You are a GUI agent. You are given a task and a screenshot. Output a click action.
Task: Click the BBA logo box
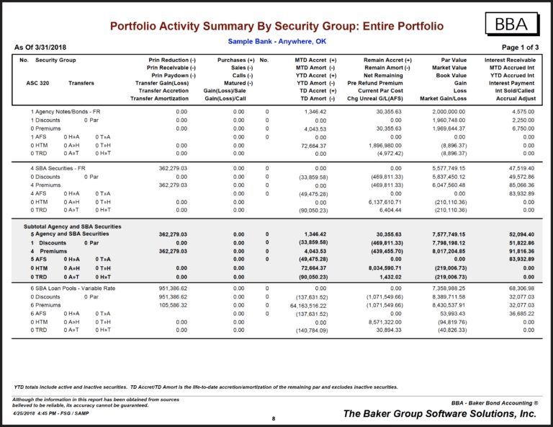coord(513,25)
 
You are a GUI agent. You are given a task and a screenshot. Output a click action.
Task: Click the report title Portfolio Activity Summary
coord(276,27)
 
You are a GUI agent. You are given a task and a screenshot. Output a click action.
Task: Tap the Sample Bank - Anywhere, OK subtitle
coord(276,41)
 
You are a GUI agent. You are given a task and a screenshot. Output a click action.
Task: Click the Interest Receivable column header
coord(510,60)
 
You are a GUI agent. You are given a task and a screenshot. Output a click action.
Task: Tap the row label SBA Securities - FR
coord(58,168)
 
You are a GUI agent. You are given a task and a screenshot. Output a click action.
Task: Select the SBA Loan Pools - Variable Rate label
coord(74,288)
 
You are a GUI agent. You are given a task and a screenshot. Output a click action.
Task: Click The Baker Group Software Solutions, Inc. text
coord(440,414)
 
